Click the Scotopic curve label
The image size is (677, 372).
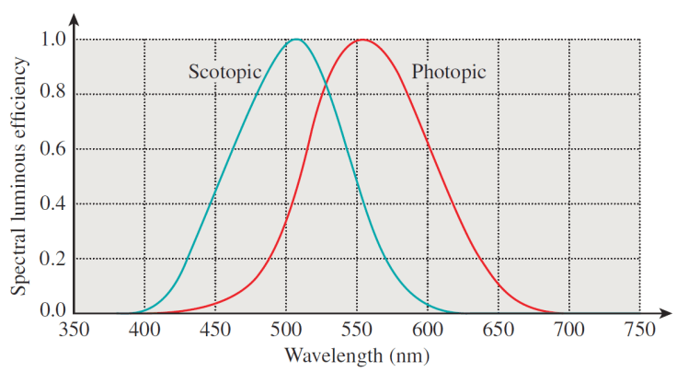pos(225,72)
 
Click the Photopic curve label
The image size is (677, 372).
pos(448,72)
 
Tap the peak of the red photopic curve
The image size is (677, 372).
pos(362,40)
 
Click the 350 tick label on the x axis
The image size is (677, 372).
pos(74,330)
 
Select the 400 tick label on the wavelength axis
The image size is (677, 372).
pos(144,330)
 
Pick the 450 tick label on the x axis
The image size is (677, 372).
pos(215,330)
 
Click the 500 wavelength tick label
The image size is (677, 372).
pos(286,330)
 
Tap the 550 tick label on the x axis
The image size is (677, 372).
pos(357,330)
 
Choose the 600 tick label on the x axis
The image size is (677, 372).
pos(428,330)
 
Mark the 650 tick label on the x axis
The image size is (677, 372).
pos(499,330)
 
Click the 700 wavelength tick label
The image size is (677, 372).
pos(569,330)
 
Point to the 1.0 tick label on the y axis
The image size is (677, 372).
pos(53,40)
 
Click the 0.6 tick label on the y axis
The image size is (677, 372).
pos(53,149)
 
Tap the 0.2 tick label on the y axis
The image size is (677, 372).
pos(53,259)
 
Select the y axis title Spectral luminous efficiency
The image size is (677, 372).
pos(19,175)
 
